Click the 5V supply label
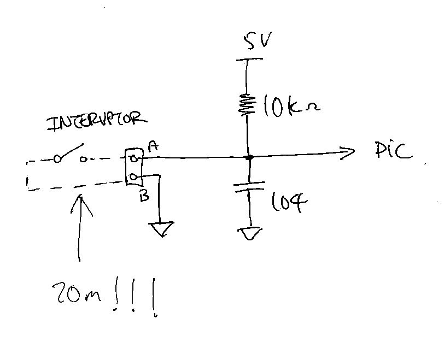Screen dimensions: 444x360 pyautogui.click(x=258, y=40)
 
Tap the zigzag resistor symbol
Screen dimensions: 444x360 pyautogui.click(x=247, y=105)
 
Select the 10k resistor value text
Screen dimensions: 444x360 pyautogui.click(x=291, y=107)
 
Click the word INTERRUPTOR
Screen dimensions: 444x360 pyautogui.click(x=97, y=122)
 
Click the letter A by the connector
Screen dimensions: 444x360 pyautogui.click(x=153, y=146)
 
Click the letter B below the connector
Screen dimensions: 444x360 pyautogui.click(x=144, y=196)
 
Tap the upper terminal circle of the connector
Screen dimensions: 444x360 pyautogui.click(x=133, y=158)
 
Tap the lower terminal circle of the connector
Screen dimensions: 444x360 pyautogui.click(x=132, y=178)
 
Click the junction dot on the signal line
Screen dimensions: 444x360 pyautogui.click(x=249, y=157)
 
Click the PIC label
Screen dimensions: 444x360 pyautogui.click(x=394, y=150)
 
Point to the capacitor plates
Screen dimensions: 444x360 pyautogui.click(x=249, y=187)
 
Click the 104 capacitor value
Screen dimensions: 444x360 pyautogui.click(x=289, y=202)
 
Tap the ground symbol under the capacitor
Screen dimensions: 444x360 pyautogui.click(x=250, y=234)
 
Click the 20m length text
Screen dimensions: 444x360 pyautogui.click(x=77, y=293)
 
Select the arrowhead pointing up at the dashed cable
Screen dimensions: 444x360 pyautogui.click(x=81, y=204)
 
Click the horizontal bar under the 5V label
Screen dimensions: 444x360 pyautogui.click(x=249, y=60)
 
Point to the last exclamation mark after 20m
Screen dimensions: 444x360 pyautogui.click(x=154, y=298)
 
